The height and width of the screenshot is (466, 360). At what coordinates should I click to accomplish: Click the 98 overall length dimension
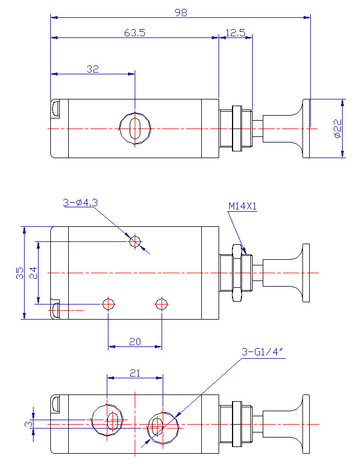point(181,12)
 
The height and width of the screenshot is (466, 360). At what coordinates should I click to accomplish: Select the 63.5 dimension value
point(135,33)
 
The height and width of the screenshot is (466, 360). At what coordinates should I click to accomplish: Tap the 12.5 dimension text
point(235,33)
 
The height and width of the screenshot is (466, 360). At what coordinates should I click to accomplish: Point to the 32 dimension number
point(93,69)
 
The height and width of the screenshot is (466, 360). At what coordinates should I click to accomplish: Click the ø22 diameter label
point(338,129)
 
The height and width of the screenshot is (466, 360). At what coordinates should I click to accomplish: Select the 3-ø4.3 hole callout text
point(80,203)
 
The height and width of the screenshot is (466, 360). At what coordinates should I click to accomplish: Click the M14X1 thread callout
point(242,206)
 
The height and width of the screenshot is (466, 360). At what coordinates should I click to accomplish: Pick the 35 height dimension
point(20,273)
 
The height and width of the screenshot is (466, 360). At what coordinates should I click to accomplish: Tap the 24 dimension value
point(34,273)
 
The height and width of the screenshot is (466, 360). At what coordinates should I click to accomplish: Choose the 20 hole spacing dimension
point(135,342)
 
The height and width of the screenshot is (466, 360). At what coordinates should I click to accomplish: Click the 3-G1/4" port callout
point(261,352)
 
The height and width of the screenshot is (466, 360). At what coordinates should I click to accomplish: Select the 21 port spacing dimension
point(135,373)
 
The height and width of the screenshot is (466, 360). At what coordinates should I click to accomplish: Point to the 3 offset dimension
point(29,424)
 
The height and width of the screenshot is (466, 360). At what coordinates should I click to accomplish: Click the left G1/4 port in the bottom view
point(92,420)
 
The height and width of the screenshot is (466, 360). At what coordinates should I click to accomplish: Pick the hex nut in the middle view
point(237,273)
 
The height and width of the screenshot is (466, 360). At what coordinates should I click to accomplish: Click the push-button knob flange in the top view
point(306,129)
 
